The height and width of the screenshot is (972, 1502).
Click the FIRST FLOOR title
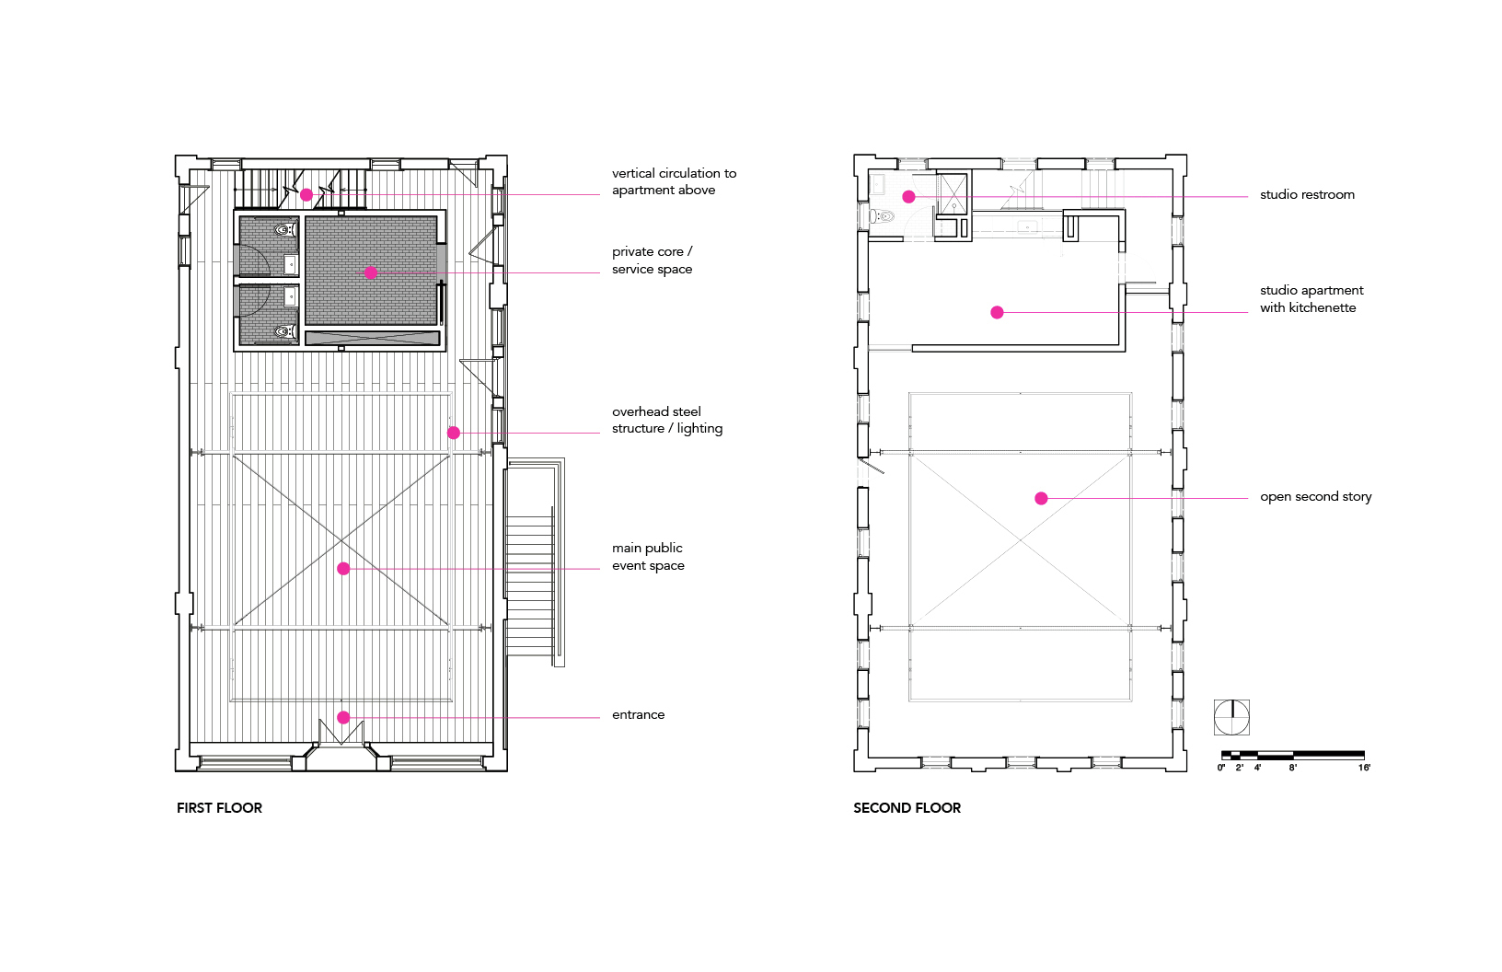pyautogui.click(x=219, y=807)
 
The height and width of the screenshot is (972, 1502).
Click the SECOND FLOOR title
pyautogui.click(x=907, y=807)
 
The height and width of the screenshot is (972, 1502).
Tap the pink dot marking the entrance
pyautogui.click(x=343, y=717)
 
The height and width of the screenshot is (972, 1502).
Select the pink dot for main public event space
pyautogui.click(x=343, y=569)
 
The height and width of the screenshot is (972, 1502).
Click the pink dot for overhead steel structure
pyautogui.click(x=454, y=433)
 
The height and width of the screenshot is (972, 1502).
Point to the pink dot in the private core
pyautogui.click(x=371, y=272)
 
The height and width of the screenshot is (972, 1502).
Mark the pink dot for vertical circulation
pyautogui.click(x=306, y=194)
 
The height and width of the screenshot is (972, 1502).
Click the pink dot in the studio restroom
pyautogui.click(x=908, y=197)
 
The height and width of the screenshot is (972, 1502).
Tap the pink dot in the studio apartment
pyautogui.click(x=997, y=312)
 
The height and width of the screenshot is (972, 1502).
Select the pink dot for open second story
pyautogui.click(x=1041, y=498)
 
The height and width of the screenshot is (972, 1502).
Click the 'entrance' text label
pyautogui.click(x=638, y=714)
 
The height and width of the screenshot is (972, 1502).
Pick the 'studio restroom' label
pyautogui.click(x=1307, y=194)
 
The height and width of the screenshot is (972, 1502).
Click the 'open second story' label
pyautogui.click(x=1315, y=496)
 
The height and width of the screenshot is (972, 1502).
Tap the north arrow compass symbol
pyautogui.click(x=1231, y=717)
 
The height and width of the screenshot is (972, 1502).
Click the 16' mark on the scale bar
pyautogui.click(x=1364, y=768)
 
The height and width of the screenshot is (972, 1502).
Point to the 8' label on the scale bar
pyautogui.click(x=1293, y=768)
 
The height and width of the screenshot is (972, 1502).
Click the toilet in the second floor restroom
pyautogui.click(x=883, y=216)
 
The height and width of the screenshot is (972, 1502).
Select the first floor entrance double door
pyautogui.click(x=341, y=732)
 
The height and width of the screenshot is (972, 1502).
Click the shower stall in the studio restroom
pyautogui.click(x=953, y=194)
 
